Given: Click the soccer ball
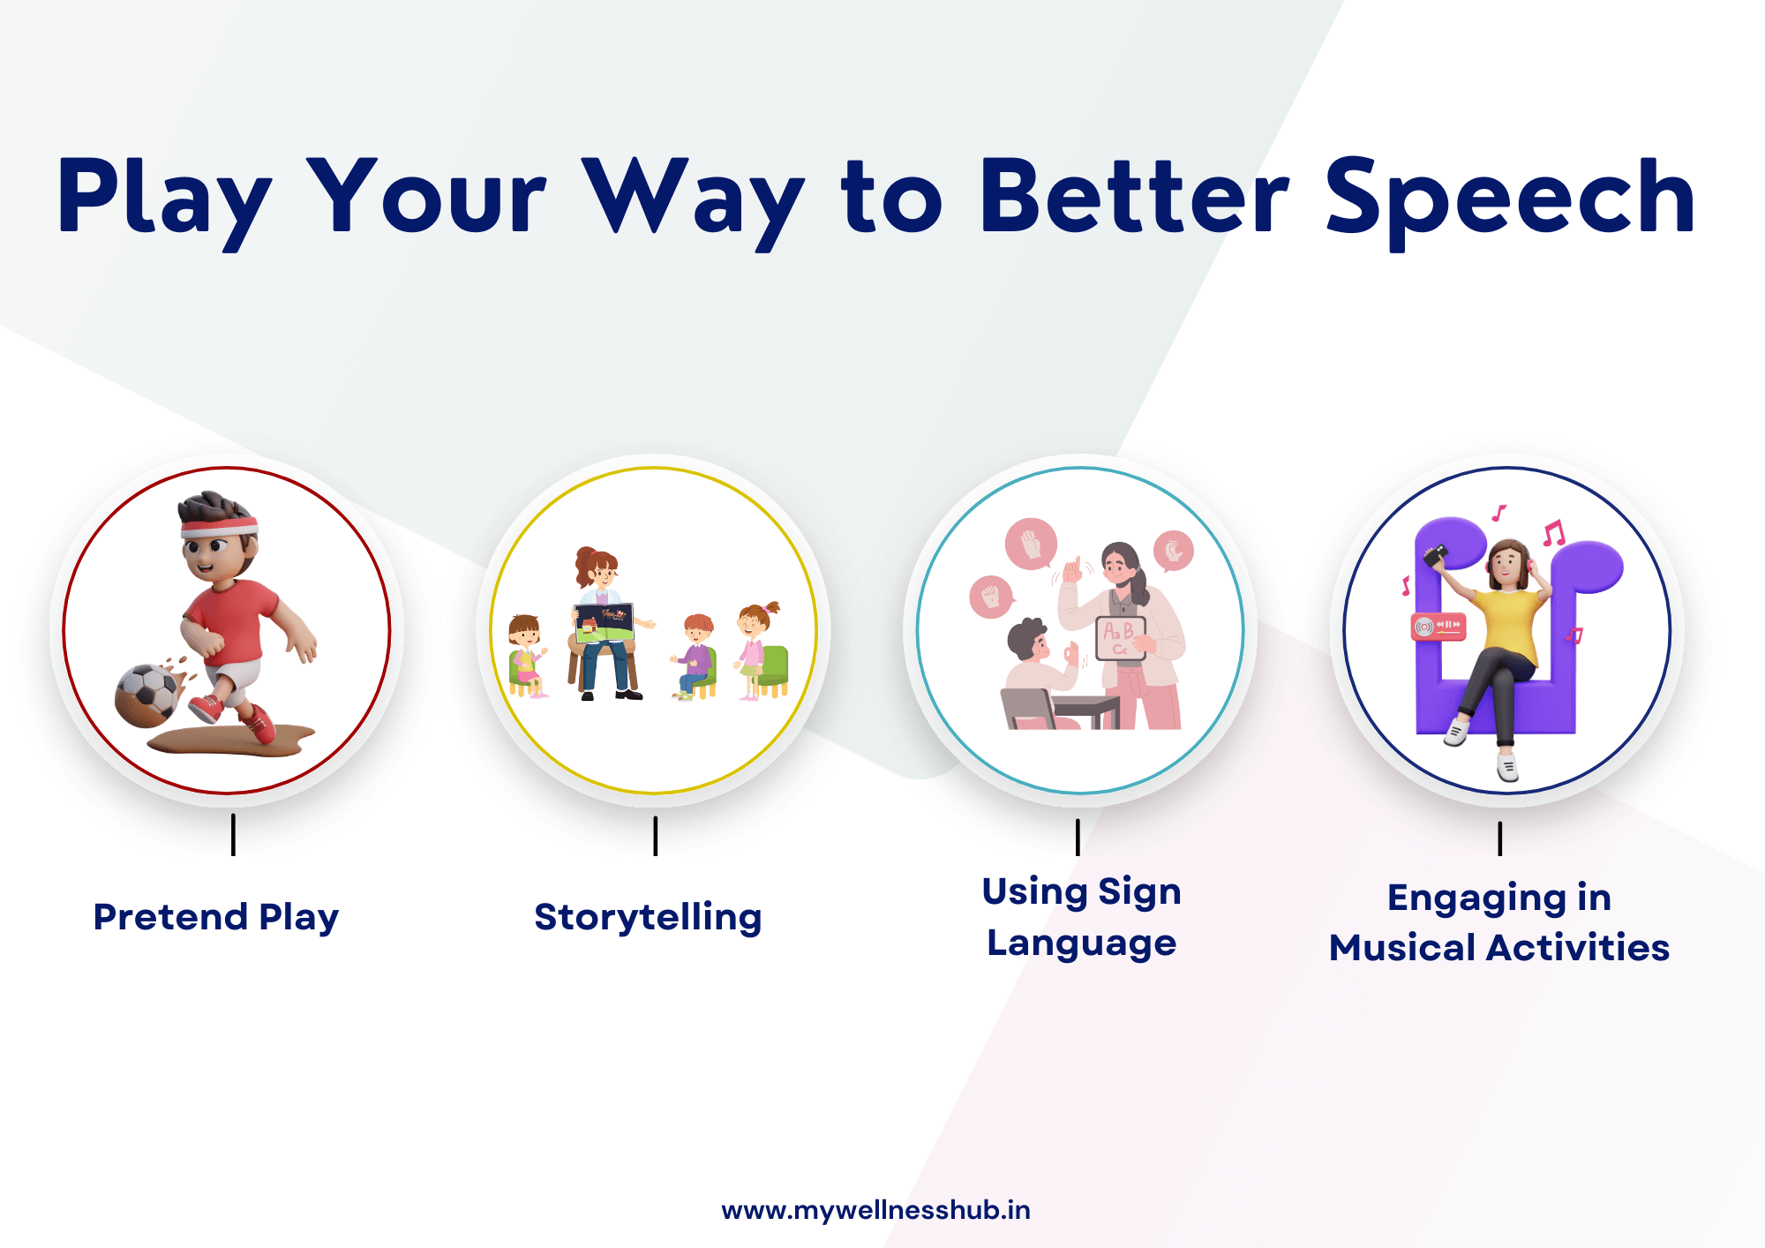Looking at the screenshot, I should click(148, 695).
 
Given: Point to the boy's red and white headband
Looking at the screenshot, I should click(219, 526).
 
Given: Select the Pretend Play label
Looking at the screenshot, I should click(216, 917).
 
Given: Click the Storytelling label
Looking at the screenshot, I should click(648, 917).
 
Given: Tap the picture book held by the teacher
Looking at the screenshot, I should click(605, 622).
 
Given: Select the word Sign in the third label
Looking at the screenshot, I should click(1139, 891).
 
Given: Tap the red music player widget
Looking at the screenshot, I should click(1438, 626).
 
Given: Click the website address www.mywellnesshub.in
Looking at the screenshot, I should click(875, 1210).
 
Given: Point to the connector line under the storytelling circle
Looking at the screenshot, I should click(655, 835).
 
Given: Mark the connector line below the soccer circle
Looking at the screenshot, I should click(233, 834).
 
